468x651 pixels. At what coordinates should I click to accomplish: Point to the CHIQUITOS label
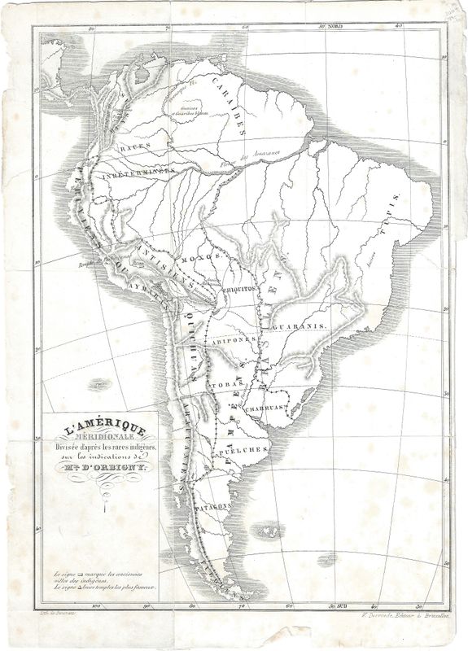click(x=241, y=288)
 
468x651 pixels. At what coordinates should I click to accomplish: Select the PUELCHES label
click(x=244, y=449)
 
